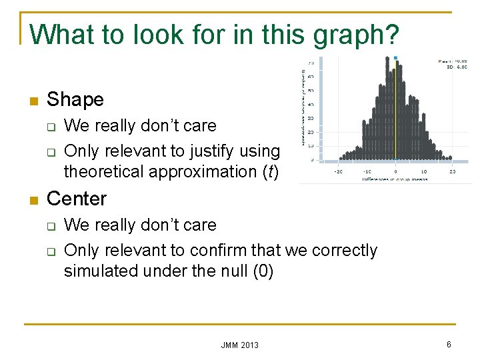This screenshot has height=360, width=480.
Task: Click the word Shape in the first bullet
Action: point(75,100)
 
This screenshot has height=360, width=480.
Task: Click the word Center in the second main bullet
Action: point(77,199)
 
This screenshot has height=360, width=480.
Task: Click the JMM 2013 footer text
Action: point(239,345)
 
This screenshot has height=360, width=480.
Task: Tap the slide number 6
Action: point(449,344)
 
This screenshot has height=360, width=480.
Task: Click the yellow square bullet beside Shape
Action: point(32,101)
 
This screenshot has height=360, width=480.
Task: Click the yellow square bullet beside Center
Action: point(32,200)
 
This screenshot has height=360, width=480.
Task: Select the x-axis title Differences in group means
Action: point(396,179)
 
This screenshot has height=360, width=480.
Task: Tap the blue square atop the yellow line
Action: point(395,58)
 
